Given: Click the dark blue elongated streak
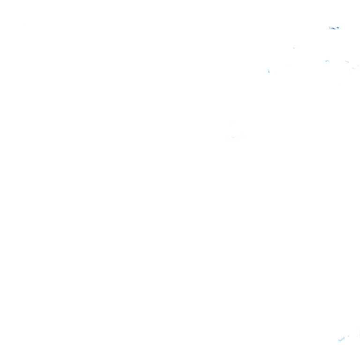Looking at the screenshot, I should point(333,28).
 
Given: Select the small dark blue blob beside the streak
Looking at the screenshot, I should point(338,28).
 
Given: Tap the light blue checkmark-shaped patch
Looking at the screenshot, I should point(342,339).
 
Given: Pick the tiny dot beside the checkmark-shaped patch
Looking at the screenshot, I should point(348,336).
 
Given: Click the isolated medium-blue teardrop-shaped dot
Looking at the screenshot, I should point(269,71).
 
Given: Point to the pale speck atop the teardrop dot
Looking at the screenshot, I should point(268,69).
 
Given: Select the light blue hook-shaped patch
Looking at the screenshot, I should point(327,60).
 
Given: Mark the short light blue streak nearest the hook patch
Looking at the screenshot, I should point(347,61).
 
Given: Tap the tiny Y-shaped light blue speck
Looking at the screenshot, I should point(294,48).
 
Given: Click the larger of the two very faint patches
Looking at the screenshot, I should point(233,137).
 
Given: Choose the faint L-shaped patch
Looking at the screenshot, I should point(244,135).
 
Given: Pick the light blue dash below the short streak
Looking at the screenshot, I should point(353,68).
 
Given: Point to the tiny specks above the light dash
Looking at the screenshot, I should point(358,65).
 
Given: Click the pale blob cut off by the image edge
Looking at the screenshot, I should point(359,334).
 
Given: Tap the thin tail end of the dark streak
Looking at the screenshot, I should point(330,28).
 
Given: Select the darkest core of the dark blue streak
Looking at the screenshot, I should point(334,29).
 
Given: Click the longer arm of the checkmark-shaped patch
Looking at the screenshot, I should point(343,338).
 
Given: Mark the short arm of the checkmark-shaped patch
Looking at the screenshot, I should point(339,340).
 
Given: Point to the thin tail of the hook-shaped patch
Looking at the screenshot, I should point(329,61).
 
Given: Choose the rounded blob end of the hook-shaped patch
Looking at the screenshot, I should point(326,60).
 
